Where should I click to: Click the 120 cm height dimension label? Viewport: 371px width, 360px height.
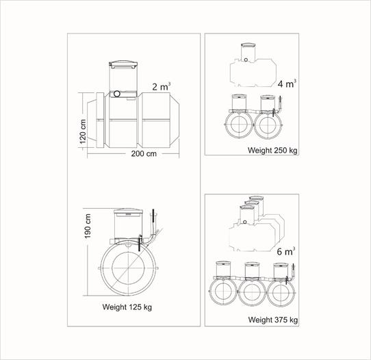click(x=83, y=131)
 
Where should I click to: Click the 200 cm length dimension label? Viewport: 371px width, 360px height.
click(x=144, y=154)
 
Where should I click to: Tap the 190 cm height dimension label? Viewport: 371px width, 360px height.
click(x=88, y=226)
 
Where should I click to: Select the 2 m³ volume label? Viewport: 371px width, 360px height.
click(x=162, y=86)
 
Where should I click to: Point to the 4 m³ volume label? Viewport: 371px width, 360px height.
click(x=287, y=83)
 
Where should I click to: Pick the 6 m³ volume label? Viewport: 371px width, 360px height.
click(x=286, y=251)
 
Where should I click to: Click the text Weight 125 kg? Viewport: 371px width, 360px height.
click(x=127, y=307)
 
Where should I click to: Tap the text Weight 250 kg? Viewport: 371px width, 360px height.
click(x=272, y=150)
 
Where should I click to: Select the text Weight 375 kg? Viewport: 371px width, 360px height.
click(x=273, y=320)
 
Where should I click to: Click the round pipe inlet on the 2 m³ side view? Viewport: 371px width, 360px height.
click(x=117, y=94)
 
